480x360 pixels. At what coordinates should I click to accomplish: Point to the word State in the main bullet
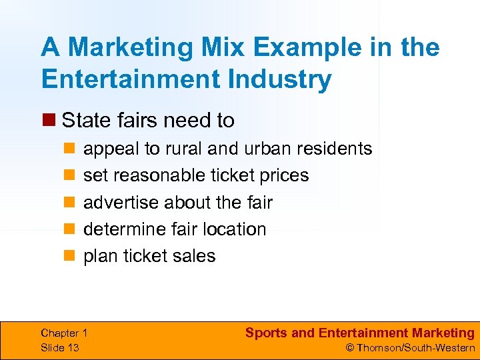(85, 121)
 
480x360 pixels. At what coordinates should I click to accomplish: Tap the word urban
(269, 148)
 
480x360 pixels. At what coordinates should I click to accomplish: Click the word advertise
(121, 202)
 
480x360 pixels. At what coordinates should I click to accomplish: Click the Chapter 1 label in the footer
(64, 333)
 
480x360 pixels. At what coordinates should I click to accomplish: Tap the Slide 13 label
(60, 347)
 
